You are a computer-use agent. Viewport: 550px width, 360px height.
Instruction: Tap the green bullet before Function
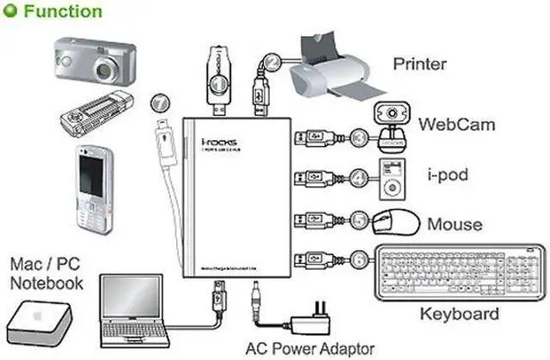[x=11, y=12]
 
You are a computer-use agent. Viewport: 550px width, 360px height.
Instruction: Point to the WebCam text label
[x=456, y=125]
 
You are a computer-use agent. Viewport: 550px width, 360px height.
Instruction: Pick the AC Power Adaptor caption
[x=309, y=348]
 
